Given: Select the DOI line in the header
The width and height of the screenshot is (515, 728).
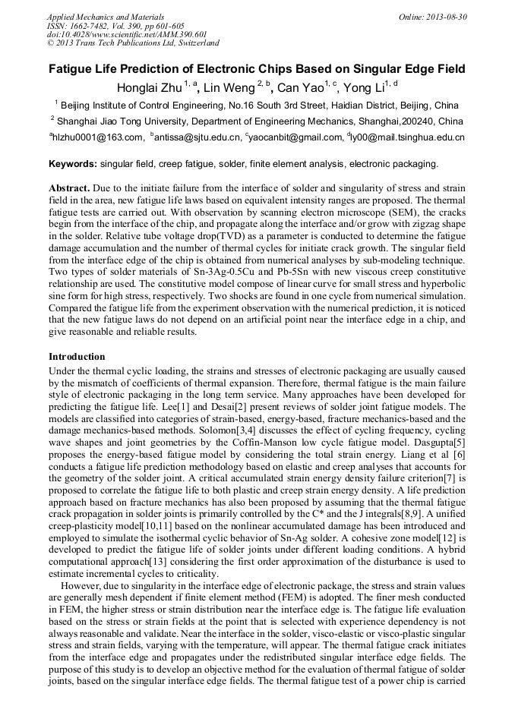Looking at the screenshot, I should pos(127,34).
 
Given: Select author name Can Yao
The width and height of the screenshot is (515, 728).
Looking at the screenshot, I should pos(300,88).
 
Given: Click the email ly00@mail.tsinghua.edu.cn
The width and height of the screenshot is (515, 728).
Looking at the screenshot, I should pos(408,137).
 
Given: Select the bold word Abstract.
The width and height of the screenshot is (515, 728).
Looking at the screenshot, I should pos(70,188).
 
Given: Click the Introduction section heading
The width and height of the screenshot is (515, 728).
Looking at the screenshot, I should pos(77,357).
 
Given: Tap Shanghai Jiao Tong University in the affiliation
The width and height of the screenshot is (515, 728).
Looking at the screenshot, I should pos(122,121).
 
